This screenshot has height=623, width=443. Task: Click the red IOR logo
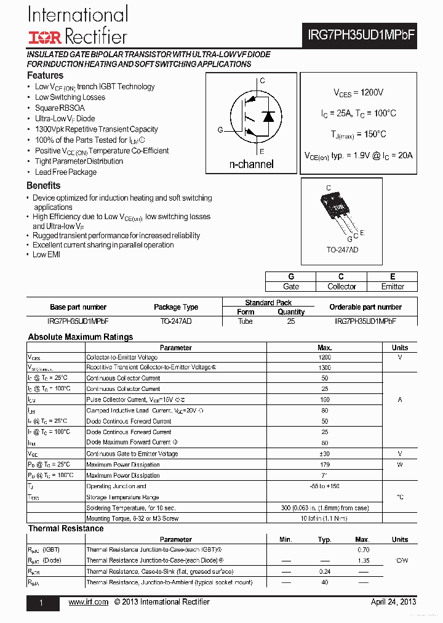44,38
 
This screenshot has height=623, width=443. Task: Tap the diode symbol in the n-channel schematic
268,116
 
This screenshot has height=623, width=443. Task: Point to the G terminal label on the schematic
220,130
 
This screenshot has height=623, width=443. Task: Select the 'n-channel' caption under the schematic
251,164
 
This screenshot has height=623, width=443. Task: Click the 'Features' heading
45,75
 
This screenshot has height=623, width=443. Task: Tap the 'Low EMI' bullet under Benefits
46,254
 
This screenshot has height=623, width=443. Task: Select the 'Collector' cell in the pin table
341,286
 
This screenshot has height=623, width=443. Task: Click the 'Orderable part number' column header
365,307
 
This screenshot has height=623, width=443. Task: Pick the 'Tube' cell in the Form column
245,321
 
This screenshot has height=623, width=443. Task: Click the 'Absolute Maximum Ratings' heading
81,337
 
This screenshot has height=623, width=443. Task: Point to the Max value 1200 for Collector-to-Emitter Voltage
325,357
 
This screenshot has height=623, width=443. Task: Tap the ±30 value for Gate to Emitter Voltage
325,454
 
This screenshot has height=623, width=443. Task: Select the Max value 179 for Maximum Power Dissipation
325,465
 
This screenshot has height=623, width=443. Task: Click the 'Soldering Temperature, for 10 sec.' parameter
131,508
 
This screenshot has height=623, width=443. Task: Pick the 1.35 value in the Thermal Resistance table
363,561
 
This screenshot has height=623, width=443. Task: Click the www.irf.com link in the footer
89,601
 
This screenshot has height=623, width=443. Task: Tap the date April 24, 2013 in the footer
393,601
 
